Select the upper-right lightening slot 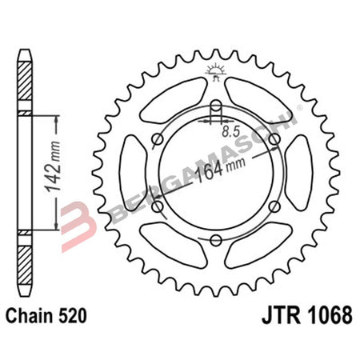click(x=257, y=103)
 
